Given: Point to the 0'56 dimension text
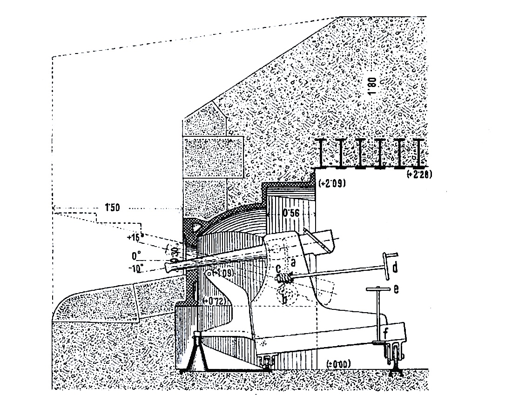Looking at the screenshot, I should [x=293, y=214].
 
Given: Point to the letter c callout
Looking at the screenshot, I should [x=278, y=269].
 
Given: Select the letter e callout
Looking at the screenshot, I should [x=396, y=289].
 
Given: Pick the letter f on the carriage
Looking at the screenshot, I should [x=386, y=333].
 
